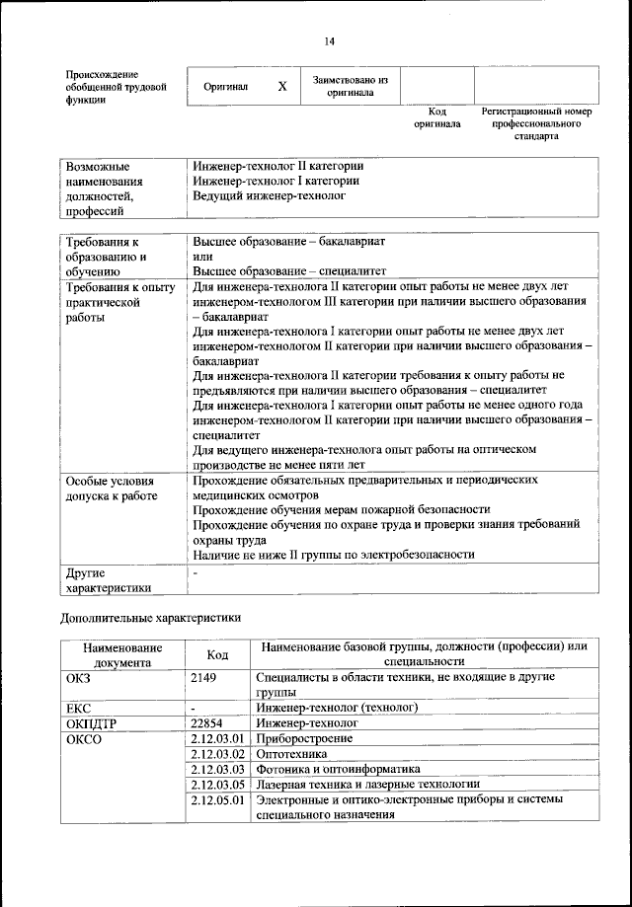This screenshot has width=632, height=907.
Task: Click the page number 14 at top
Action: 329,40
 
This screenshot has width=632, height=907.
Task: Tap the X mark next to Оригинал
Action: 281,87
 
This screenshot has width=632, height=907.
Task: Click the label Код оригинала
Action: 436,118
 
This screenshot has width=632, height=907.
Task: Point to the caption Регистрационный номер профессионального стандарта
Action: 536,123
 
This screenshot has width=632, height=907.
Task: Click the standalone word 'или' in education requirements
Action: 202,256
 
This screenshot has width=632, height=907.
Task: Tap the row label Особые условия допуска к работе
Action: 112,487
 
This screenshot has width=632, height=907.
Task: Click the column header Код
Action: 217,654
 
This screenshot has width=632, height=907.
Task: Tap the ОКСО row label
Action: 84,738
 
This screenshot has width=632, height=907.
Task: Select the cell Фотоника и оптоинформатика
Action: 338,768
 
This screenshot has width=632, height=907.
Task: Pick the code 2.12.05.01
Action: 217,799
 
